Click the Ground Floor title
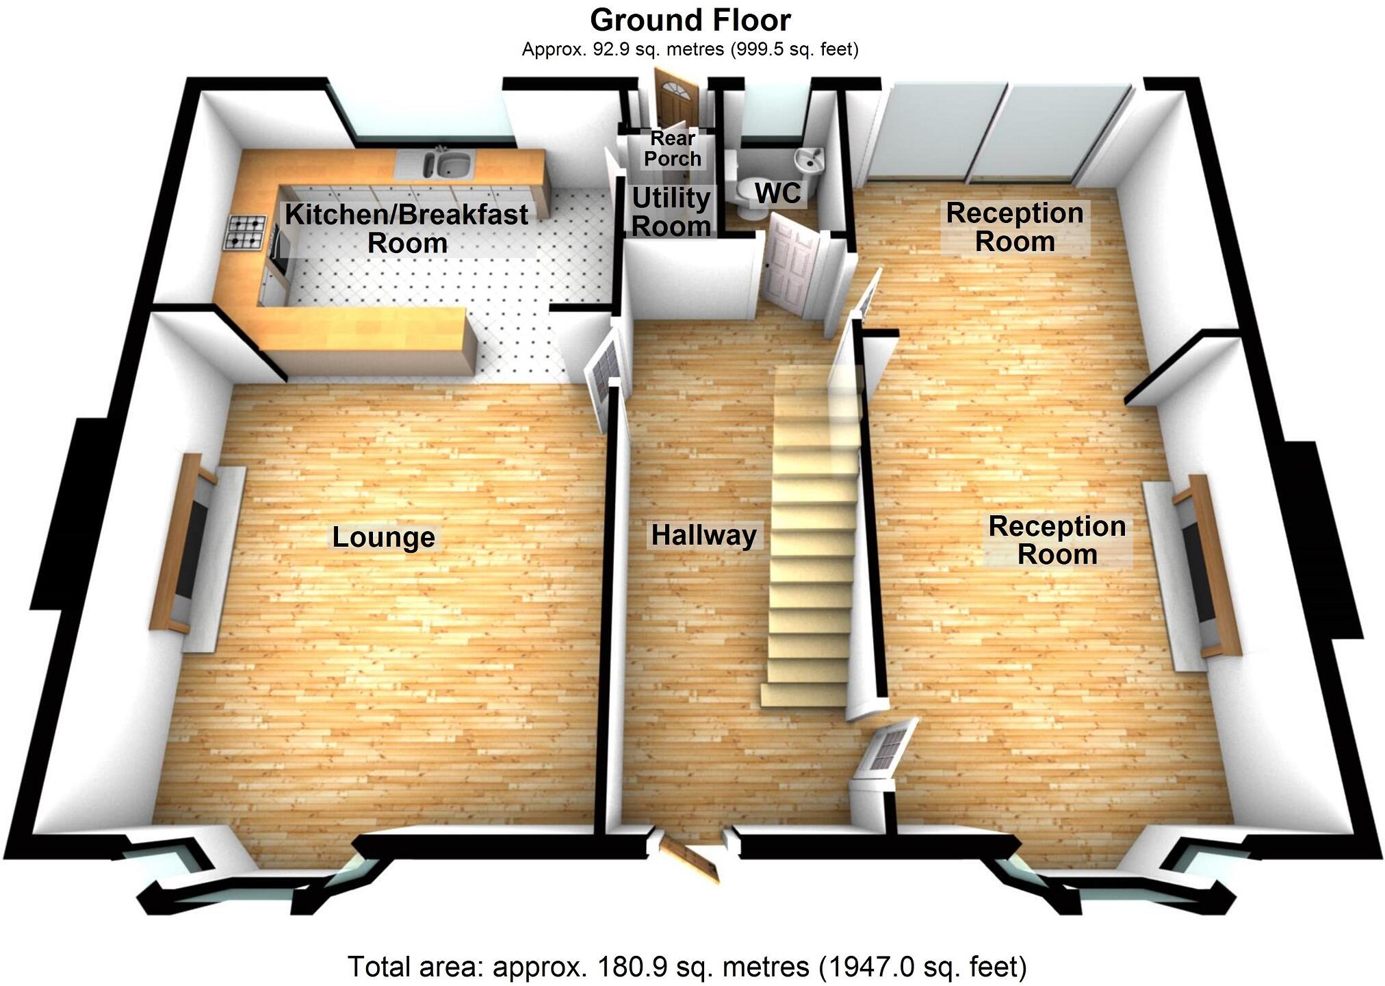pos(690,21)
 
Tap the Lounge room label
pos(383,537)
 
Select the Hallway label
pos(703,535)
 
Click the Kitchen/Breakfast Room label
pos(406,229)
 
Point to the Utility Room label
pos(671,212)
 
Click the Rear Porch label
pos(673,148)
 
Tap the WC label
pos(777,194)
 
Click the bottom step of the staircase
pos(804,695)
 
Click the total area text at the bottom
pos(687,967)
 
